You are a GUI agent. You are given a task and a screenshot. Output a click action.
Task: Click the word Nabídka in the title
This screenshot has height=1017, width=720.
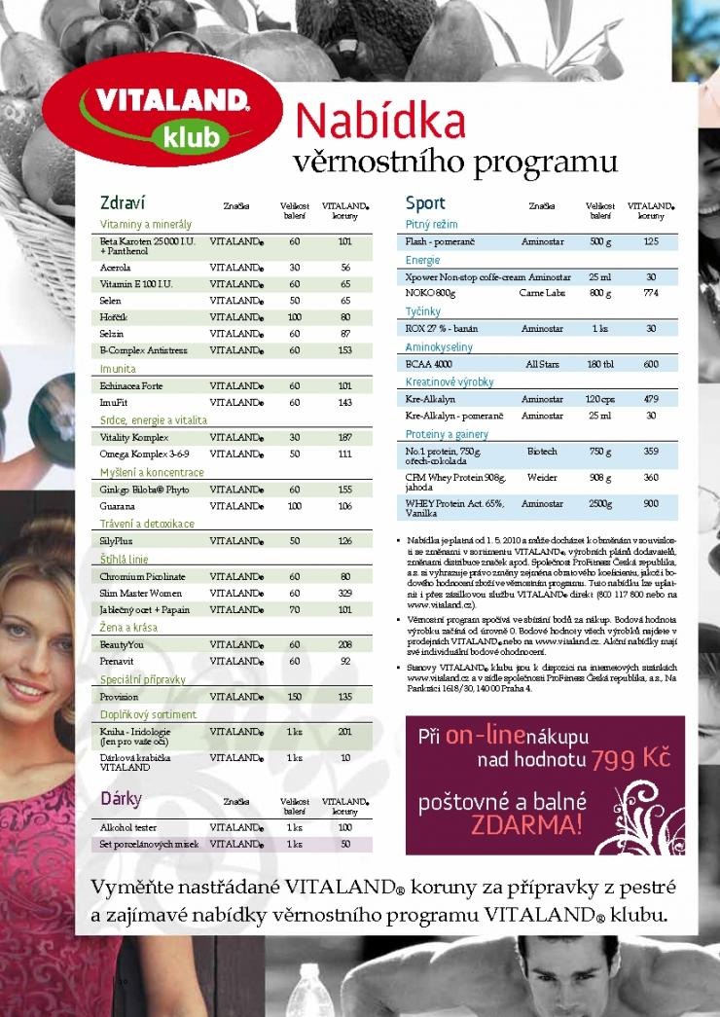[x=380, y=122]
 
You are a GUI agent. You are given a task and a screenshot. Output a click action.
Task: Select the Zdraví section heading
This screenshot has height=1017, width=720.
[x=123, y=203]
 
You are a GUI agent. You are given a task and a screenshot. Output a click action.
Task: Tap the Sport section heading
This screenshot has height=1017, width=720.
[x=425, y=203]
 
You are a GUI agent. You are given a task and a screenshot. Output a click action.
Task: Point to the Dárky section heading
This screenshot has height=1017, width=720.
[x=122, y=799]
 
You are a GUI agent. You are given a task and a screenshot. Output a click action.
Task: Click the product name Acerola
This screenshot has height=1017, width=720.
[x=116, y=267]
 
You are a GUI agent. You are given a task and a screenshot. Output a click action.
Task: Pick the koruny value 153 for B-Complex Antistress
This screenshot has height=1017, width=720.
[x=344, y=349]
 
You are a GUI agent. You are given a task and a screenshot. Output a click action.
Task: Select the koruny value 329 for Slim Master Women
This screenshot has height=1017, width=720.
[x=344, y=593]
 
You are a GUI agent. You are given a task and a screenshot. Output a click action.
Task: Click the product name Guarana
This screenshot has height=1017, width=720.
[x=116, y=506]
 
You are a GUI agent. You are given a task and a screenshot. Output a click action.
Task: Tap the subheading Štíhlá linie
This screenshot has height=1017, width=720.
[x=125, y=559]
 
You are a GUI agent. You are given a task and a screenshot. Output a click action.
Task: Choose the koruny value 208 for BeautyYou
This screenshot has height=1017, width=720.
[x=344, y=645]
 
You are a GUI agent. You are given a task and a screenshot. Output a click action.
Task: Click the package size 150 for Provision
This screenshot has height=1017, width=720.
[x=295, y=697]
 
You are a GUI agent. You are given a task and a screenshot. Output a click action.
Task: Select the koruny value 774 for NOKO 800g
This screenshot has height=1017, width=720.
[x=651, y=292]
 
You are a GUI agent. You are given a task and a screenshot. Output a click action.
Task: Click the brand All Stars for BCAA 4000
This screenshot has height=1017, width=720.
[x=542, y=364]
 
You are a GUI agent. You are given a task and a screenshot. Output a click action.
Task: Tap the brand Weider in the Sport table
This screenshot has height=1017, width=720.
[x=542, y=478]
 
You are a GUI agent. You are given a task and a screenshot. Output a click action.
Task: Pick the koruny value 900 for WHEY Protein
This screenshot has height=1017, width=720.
[x=651, y=504]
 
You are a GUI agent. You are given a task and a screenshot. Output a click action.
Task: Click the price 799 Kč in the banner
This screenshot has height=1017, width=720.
[x=631, y=758]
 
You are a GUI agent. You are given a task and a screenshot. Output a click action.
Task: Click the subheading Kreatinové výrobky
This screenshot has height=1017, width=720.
[x=450, y=381]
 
